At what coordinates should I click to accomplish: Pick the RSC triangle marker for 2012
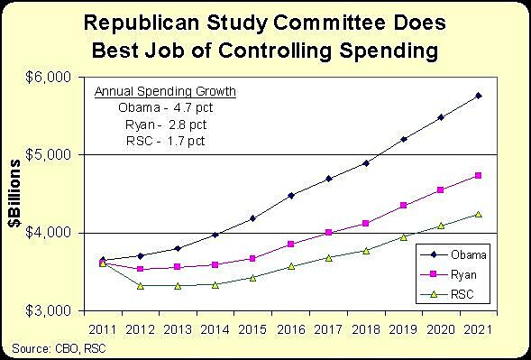coord(140,285)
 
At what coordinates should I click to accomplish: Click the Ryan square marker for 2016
coord(290,244)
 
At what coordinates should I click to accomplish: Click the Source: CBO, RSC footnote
coord(55,347)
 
